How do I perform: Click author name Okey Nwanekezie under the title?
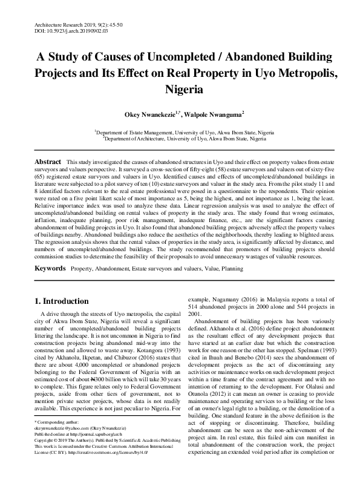click(x=149, y=113)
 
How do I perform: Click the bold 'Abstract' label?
click(x=48, y=163)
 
